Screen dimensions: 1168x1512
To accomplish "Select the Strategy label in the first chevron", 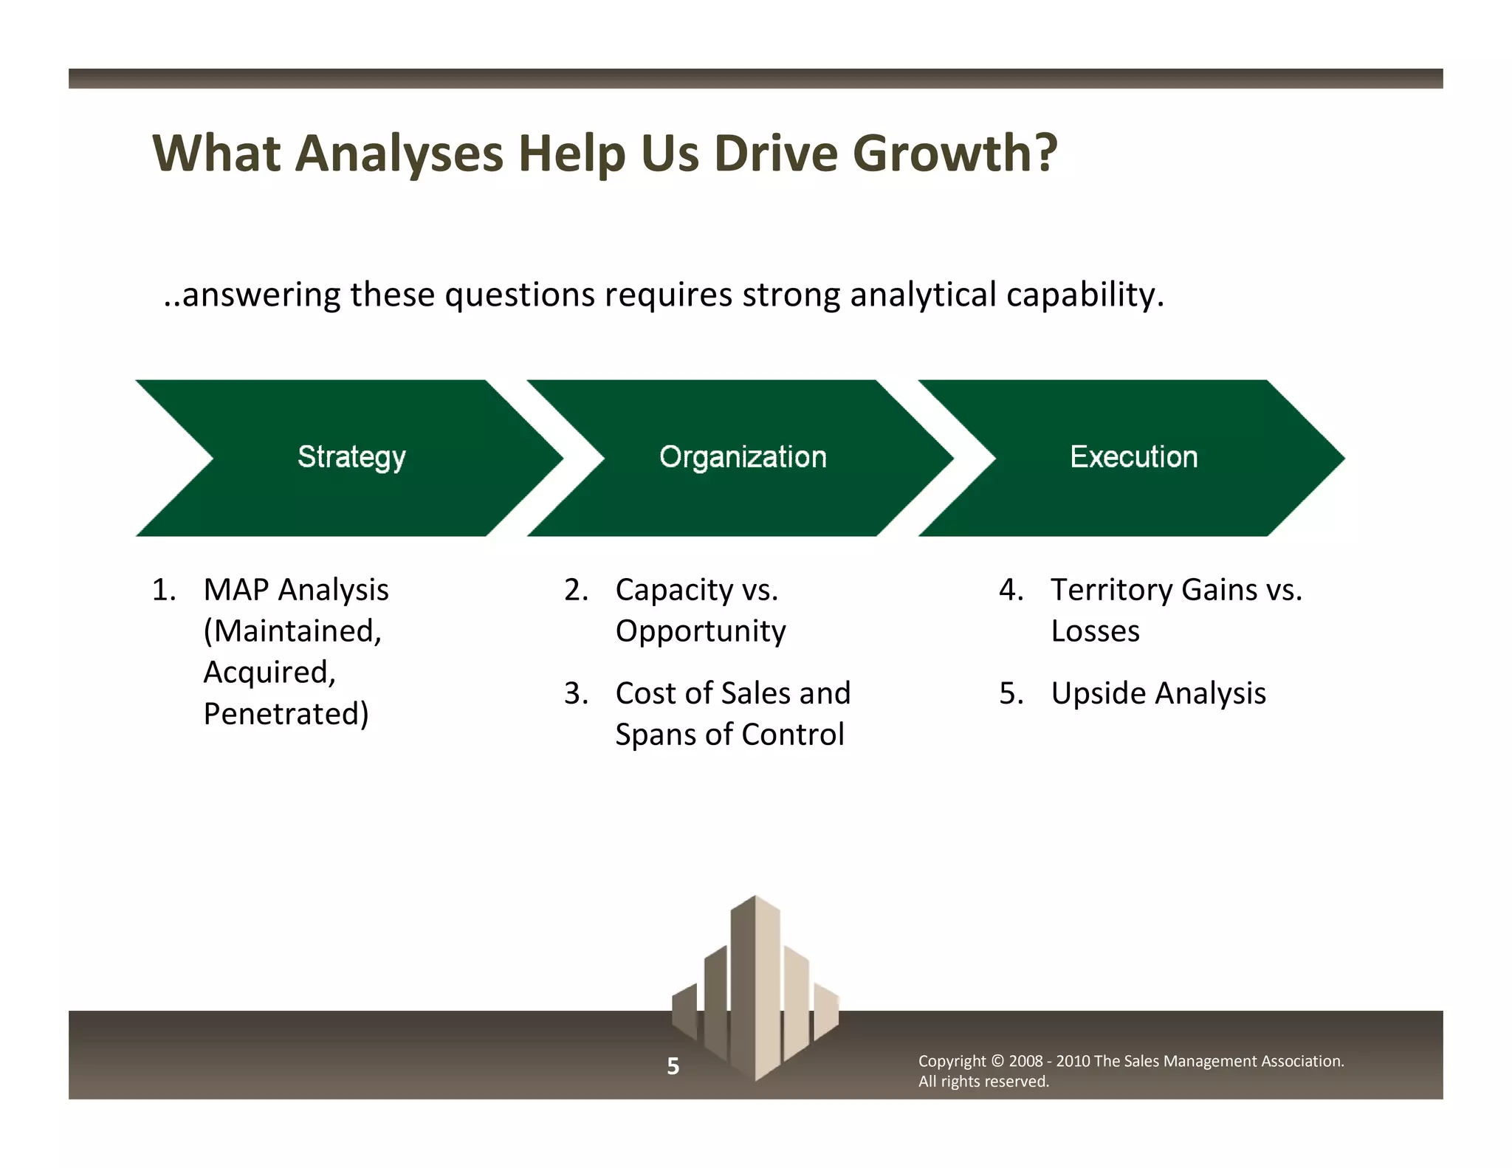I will pos(351,457).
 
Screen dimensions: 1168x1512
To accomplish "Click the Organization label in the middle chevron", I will pos(743,457).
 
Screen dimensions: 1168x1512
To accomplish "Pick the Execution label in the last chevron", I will pos(1134,457).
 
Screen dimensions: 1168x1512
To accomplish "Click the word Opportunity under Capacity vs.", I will pos(701,631).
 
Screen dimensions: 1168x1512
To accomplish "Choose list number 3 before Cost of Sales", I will pos(576,693).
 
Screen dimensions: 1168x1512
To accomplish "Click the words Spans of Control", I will pos(729,735).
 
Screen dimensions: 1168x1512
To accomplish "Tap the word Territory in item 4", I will pos(1112,590).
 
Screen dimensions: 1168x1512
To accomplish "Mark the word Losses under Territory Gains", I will pos(1095,631).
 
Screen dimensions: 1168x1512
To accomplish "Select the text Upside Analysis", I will pos(1158,693).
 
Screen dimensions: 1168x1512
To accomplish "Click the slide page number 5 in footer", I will pos(673,1066).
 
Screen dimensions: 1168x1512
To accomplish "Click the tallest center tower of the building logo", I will pos(755,982).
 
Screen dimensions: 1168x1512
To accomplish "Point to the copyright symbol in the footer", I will pos(997,1061).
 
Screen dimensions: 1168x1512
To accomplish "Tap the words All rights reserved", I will pos(983,1082).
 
